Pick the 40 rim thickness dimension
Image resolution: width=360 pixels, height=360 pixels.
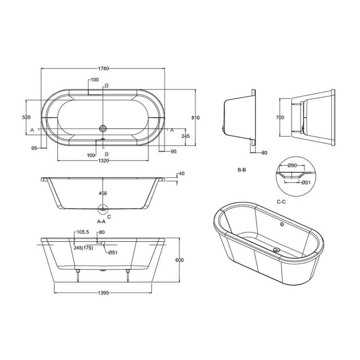point(181,174)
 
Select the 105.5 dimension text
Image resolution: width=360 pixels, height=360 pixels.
point(83,232)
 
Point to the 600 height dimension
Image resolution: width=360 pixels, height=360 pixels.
point(179,260)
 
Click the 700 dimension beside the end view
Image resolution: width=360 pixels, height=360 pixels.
point(280,118)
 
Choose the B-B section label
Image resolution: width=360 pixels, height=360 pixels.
point(243,169)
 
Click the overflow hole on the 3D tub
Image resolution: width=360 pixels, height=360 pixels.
point(281,225)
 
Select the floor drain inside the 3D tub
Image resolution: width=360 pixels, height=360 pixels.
point(277,250)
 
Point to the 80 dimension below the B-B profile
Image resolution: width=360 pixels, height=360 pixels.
point(264,152)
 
